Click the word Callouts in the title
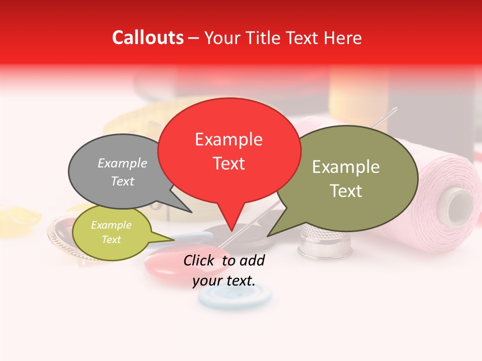click(148, 38)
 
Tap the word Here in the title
click(343, 38)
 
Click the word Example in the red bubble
click(229, 139)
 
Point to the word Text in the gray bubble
click(123, 182)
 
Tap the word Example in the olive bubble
click(346, 167)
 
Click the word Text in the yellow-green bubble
click(111, 240)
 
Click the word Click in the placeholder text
click(200, 260)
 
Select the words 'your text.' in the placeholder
click(224, 281)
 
